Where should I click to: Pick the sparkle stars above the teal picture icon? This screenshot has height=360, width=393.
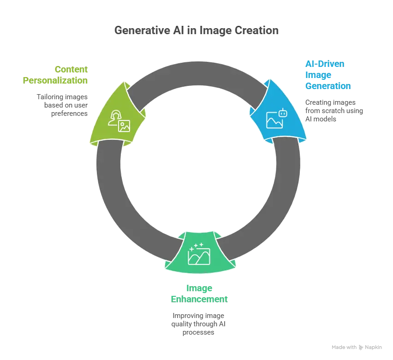pos(196,244)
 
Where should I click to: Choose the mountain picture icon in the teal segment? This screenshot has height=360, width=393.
pos(199,256)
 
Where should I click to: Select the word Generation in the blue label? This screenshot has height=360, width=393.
pos(327,86)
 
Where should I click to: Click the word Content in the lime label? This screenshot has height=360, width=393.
pos(71,70)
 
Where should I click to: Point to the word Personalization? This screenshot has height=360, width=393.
pos(55,80)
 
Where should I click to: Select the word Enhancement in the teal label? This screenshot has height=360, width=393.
pos(199,299)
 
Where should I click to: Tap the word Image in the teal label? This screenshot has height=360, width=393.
pos(199,288)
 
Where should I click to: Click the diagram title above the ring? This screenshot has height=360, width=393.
pos(196,31)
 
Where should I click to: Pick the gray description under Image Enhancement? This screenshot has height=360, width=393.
pos(197,323)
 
